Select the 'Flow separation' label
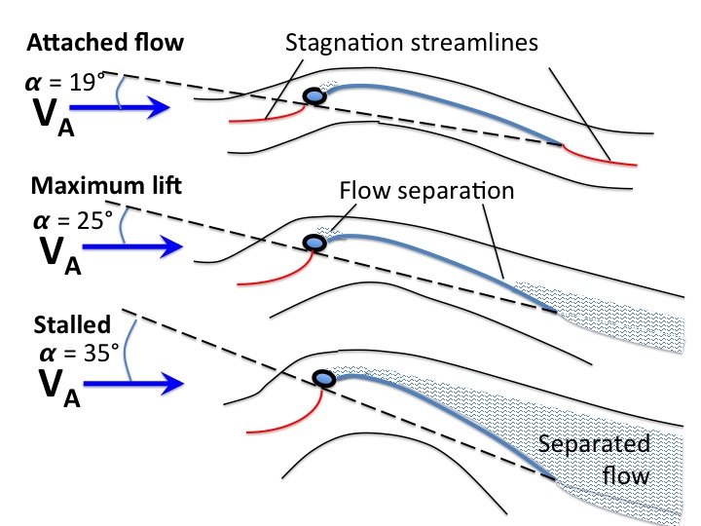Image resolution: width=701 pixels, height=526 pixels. (426, 191)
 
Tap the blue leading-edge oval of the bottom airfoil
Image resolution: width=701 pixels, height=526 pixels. (323, 379)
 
